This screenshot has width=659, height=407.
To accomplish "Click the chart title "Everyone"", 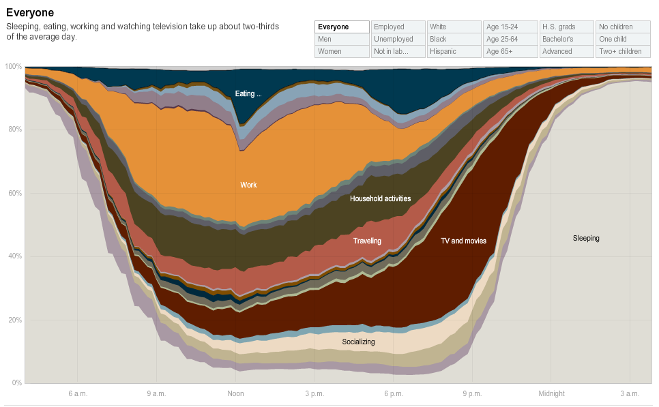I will click(x=30, y=13).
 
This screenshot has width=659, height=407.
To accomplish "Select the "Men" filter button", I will click(x=342, y=40).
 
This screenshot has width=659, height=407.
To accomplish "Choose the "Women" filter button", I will click(x=342, y=52).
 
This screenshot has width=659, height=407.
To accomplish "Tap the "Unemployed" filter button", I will click(x=398, y=40).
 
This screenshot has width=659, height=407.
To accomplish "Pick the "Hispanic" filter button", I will click(x=454, y=52).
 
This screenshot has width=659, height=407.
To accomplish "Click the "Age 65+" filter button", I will click(x=510, y=52).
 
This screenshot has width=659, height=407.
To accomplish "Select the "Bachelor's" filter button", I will click(x=566, y=40).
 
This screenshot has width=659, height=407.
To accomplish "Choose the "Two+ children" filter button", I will click(x=623, y=52).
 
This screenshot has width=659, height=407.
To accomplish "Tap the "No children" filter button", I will click(x=623, y=27).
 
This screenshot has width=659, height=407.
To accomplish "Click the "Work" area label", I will click(x=248, y=185).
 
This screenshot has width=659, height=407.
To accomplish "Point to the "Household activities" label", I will click(x=380, y=198).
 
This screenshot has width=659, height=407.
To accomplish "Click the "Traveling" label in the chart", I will click(x=367, y=241).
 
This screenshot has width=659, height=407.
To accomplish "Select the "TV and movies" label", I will click(x=463, y=241).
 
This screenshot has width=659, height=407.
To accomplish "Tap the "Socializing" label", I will click(x=358, y=342).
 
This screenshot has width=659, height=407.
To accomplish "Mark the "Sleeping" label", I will click(x=586, y=238).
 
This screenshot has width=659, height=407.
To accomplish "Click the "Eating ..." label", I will click(x=248, y=93).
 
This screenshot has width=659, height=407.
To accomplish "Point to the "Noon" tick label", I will click(x=235, y=393).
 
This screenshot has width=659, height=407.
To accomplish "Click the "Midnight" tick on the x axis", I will click(x=551, y=393).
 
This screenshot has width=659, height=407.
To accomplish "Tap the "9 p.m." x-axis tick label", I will click(x=472, y=393).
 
